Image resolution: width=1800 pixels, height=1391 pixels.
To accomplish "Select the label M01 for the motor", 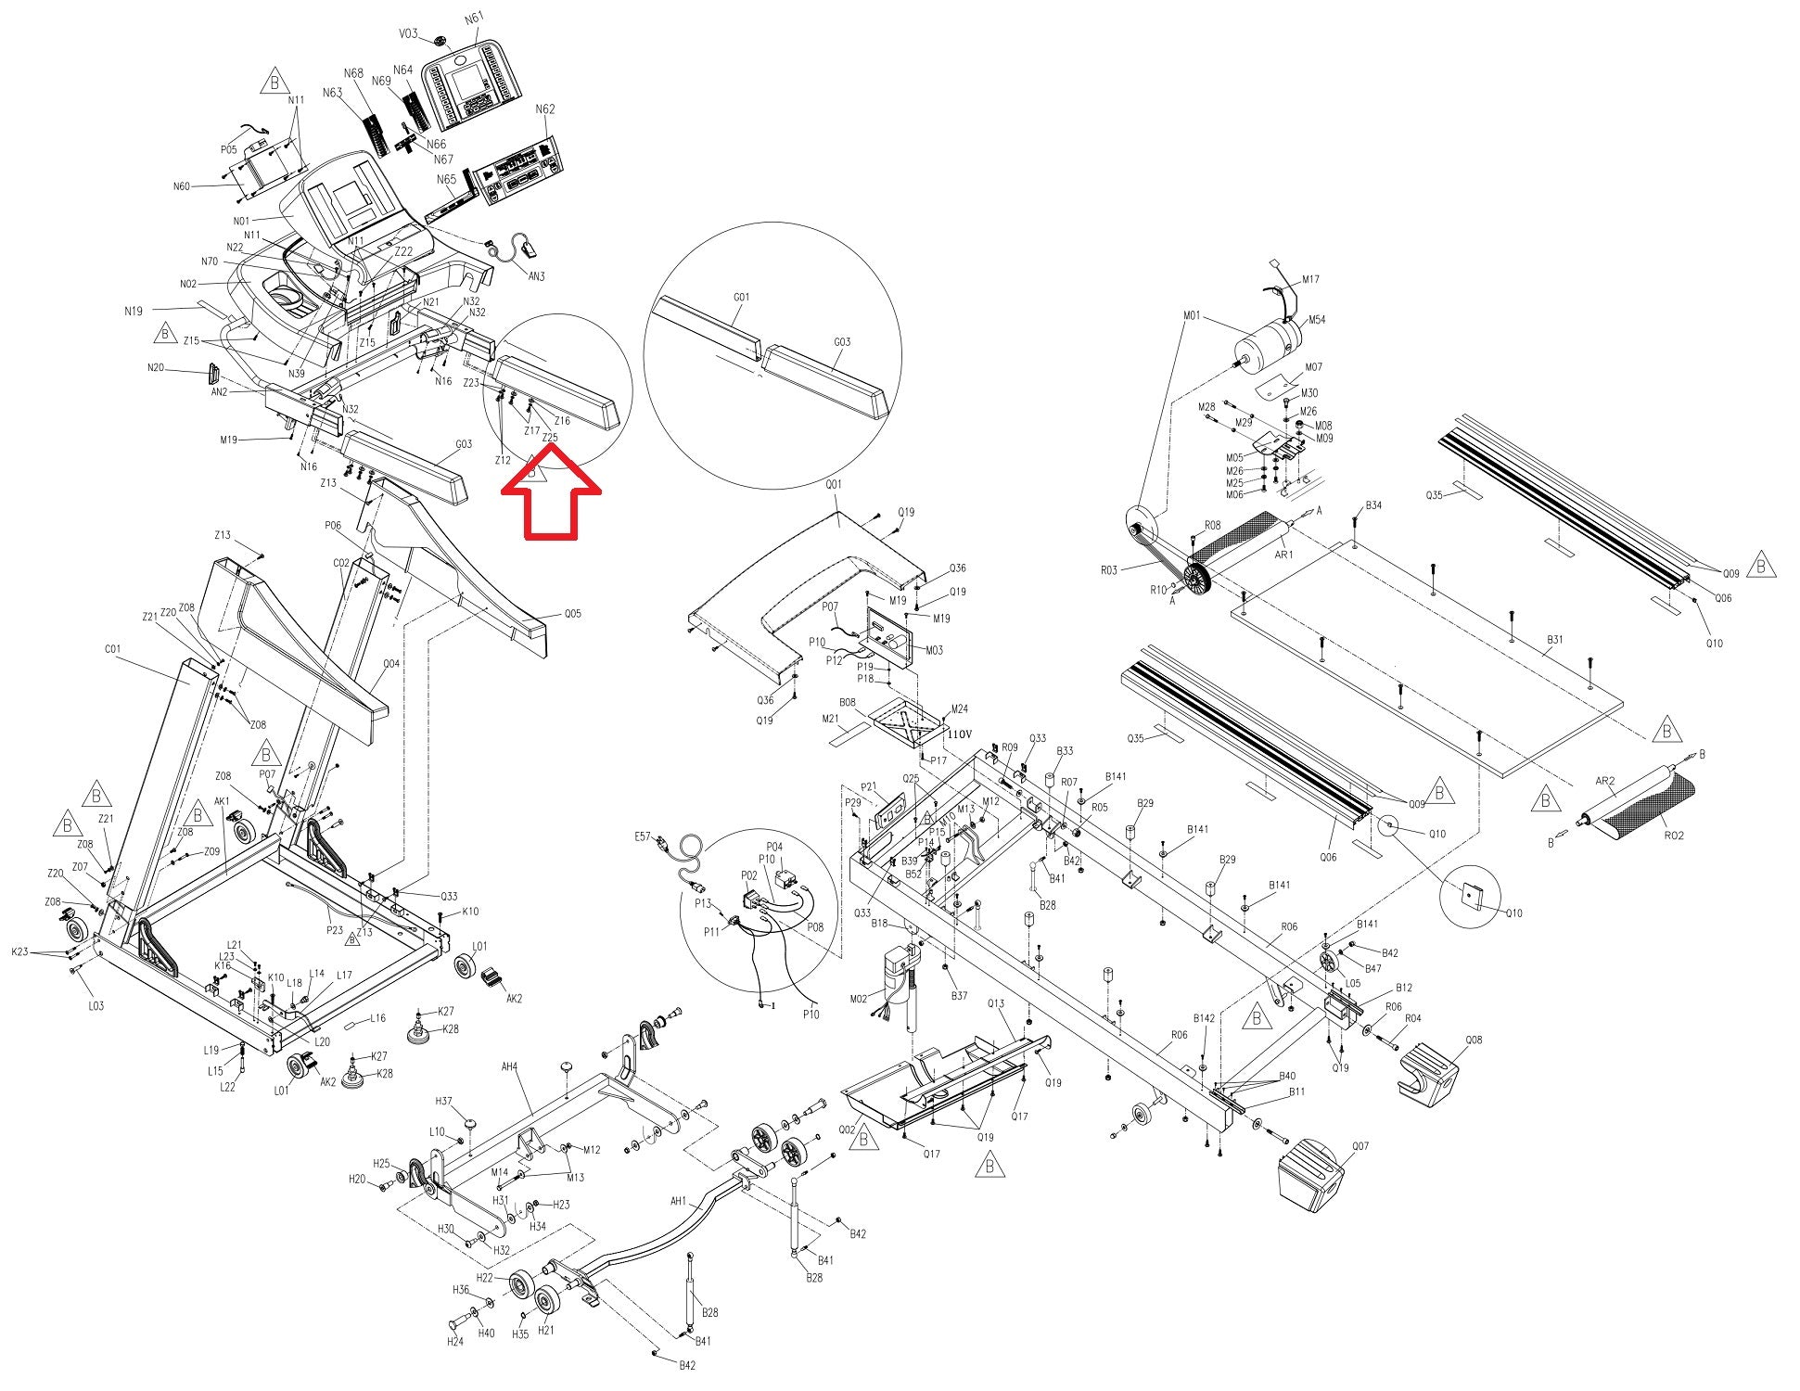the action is (1192, 315).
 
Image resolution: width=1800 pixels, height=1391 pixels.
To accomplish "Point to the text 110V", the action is (959, 734).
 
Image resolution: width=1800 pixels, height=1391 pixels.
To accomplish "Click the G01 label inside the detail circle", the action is (741, 298).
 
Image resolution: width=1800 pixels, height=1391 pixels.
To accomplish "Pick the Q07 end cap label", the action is (1360, 1146).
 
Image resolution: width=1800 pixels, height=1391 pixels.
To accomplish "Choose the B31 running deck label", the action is (1555, 639).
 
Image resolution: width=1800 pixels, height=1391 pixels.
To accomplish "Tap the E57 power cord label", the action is (643, 836).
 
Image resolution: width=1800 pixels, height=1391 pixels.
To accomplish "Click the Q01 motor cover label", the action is (834, 484).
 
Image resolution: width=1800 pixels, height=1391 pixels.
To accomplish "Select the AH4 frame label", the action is (509, 1066).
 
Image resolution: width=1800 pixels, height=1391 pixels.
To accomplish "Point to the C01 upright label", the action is (113, 648).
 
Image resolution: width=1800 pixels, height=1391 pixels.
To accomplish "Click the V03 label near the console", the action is (409, 33).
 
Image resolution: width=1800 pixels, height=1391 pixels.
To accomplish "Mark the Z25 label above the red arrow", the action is (550, 437).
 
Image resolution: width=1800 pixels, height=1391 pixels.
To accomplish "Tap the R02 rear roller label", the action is (1674, 835).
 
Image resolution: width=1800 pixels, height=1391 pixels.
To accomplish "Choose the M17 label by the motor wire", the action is (1310, 279).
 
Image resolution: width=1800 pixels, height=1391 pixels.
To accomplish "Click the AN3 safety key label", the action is (537, 276).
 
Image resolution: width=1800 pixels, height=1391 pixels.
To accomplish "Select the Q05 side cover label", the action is (573, 613).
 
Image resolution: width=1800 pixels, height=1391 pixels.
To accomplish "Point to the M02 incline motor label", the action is (859, 998).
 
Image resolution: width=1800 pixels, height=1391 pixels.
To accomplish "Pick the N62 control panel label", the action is (545, 109).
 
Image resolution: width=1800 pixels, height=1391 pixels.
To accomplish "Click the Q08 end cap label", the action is (1474, 1040).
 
